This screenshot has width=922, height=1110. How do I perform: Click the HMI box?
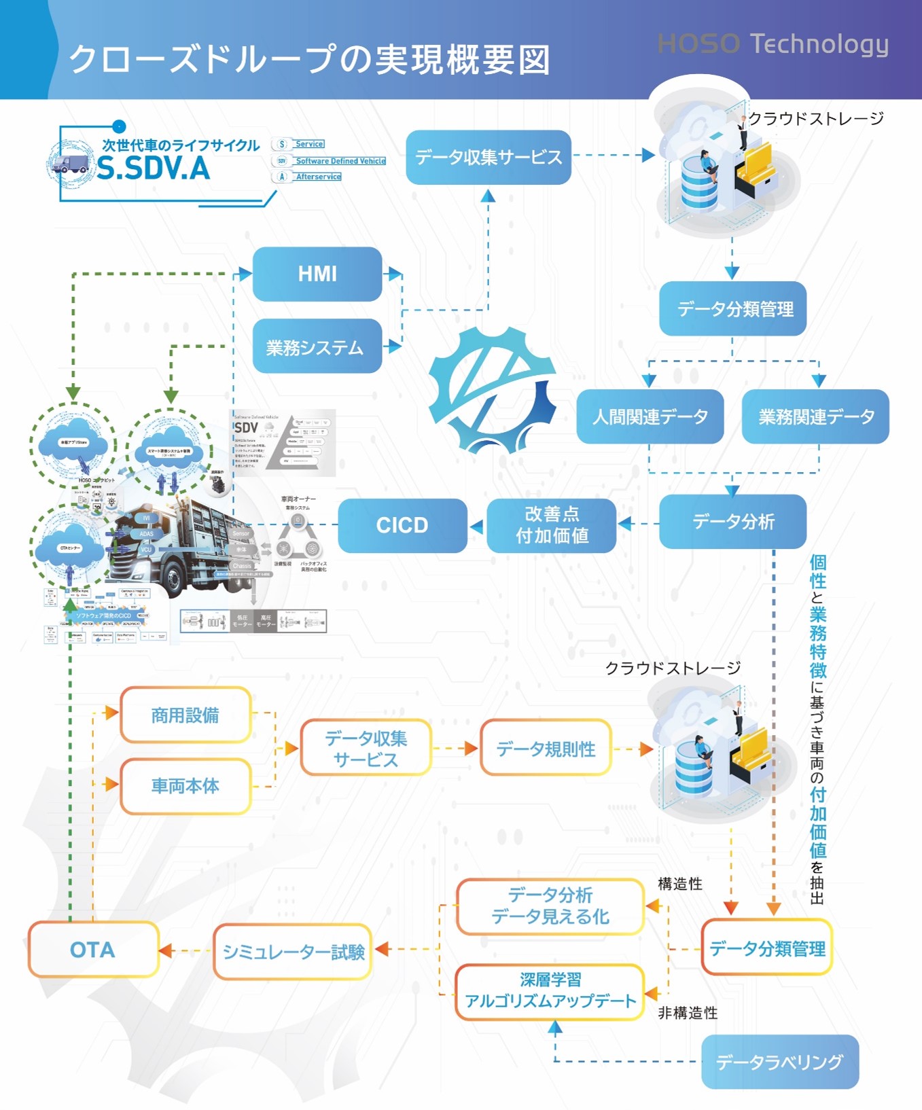(x=317, y=274)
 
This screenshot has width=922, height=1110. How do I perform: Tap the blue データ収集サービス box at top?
(x=489, y=158)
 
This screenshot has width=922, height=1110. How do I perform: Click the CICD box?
(x=402, y=525)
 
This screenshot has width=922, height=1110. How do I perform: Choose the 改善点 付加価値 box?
(x=552, y=525)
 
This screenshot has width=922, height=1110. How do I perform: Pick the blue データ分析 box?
(x=732, y=522)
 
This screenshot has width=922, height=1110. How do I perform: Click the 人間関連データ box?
(x=650, y=416)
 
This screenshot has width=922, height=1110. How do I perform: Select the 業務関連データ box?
(x=815, y=416)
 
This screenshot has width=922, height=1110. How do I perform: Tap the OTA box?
(x=93, y=949)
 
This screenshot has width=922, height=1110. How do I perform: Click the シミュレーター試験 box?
(x=293, y=952)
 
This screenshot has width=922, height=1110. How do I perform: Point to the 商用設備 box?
(x=185, y=715)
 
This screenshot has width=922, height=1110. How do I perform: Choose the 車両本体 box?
(x=185, y=786)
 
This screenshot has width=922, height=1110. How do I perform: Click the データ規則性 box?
(x=546, y=748)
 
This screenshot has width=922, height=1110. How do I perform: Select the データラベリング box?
(x=780, y=1061)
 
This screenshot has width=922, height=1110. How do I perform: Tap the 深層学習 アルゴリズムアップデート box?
(x=550, y=991)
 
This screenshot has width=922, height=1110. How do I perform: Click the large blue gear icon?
(x=493, y=389)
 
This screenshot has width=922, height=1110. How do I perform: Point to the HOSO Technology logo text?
(x=773, y=44)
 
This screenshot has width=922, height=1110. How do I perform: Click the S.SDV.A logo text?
(x=154, y=168)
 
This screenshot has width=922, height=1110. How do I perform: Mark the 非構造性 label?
(x=688, y=1013)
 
